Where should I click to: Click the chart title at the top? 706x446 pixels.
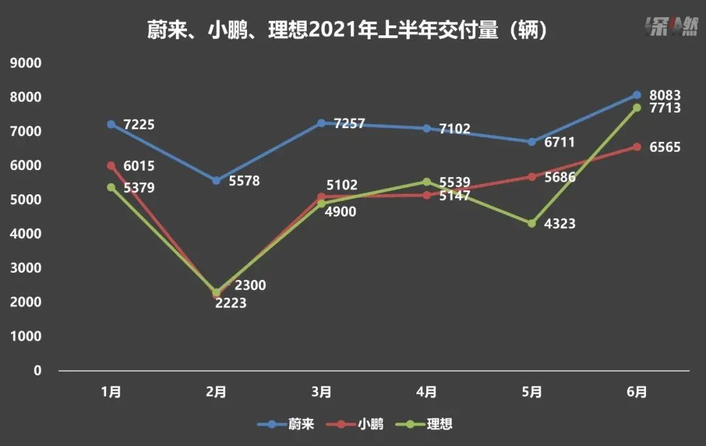pos(346,30)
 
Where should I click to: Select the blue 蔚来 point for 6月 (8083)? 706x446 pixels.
pos(637,95)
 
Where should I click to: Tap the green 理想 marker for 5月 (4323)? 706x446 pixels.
pos(531,224)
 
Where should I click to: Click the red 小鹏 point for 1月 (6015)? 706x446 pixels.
pos(111,165)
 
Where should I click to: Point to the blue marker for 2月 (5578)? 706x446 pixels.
pos(216,180)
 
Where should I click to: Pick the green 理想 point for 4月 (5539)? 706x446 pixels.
pos(426,182)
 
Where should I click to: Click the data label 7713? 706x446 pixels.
pos(665,108)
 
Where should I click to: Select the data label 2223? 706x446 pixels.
pos(231,303)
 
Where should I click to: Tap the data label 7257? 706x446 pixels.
pos(349,124)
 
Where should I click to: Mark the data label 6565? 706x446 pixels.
pos(665,148)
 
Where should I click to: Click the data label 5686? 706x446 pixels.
pos(560,177)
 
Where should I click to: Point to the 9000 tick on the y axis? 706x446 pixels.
pos(27,63)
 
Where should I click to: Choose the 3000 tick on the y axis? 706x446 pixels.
pos(27,268)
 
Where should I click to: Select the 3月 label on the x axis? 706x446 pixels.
pos(321,392)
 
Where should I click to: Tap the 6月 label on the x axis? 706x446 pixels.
pos(637,392)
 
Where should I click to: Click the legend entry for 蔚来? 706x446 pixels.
pos(286,424)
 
